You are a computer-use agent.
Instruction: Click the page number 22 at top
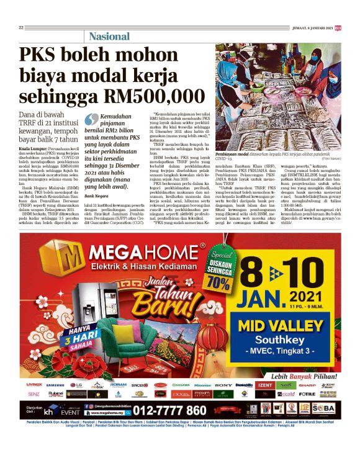(21, 27)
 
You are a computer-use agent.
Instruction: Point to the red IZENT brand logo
(266, 385)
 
